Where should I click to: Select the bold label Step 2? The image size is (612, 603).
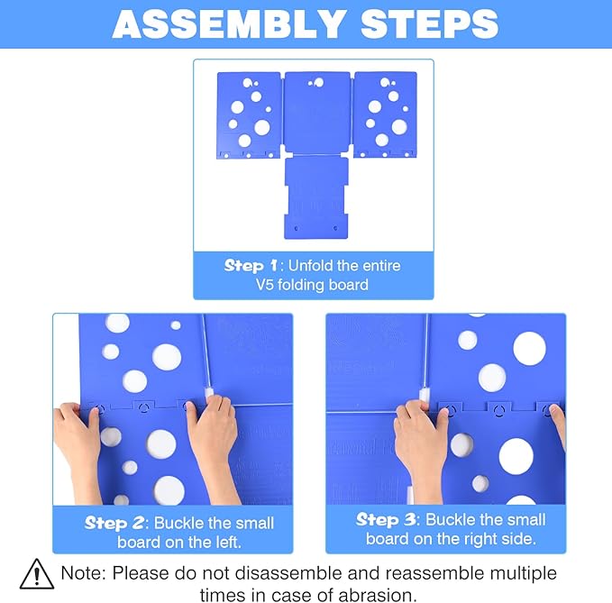coord(116,523)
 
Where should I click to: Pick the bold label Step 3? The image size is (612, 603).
coord(388,519)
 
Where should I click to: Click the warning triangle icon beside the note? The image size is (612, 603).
coord(37,574)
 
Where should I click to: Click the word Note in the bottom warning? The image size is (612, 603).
coord(82,573)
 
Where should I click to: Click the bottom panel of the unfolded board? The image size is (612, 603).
coord(316,197)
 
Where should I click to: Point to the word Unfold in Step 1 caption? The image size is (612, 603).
coord(322,266)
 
